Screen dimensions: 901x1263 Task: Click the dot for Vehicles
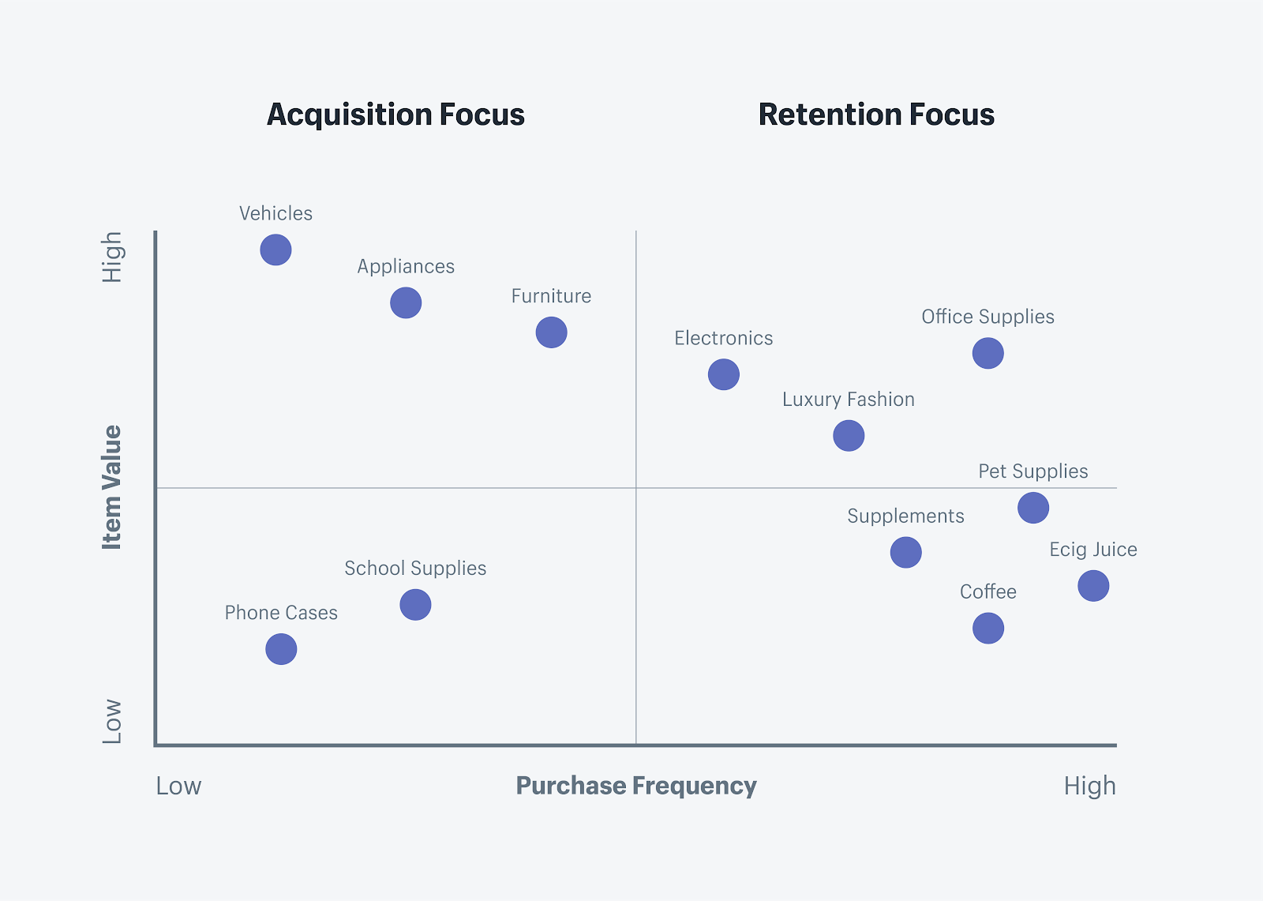[x=275, y=250]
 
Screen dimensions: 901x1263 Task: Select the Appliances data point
[x=406, y=302]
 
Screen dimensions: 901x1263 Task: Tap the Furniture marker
[x=551, y=332]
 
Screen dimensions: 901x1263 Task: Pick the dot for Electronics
[x=723, y=374]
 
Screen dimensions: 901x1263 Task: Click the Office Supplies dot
[x=988, y=353]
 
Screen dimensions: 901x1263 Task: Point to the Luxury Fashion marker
[x=849, y=435]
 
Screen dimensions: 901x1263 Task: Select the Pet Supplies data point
[x=1033, y=507]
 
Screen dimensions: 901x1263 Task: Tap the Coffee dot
[x=988, y=628]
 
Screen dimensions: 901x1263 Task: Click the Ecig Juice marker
[x=1092, y=585]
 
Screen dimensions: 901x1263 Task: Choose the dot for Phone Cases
[x=281, y=649]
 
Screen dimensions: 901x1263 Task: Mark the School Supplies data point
[x=415, y=605]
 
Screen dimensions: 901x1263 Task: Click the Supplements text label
[x=905, y=516]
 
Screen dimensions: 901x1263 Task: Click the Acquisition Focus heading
[x=395, y=115]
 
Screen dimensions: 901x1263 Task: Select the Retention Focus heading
[x=876, y=115]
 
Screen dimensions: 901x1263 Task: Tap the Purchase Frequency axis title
[x=636, y=786]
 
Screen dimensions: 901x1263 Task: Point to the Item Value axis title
[x=112, y=487]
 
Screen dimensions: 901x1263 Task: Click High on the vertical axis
[x=112, y=257]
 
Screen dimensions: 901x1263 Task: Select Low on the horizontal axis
[x=178, y=786]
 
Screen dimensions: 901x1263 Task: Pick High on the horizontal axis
[x=1089, y=786]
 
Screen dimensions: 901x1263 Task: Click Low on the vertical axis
[x=112, y=721]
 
